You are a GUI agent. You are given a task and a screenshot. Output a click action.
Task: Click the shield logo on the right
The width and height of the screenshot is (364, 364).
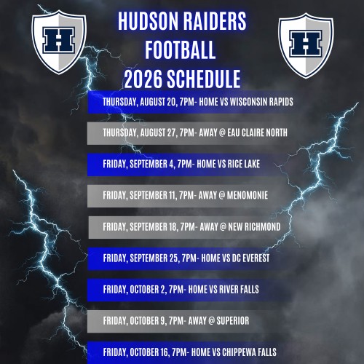pos(306,45)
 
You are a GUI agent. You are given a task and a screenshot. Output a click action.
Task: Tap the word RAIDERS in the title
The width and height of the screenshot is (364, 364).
pos(214,21)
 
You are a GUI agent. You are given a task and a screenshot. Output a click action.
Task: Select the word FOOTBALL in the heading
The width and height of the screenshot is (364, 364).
pos(181,50)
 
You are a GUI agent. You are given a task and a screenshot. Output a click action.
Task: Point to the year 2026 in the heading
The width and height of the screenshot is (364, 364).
pos(143,79)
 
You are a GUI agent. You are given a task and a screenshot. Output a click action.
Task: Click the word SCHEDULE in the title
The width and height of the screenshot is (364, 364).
pos(204,79)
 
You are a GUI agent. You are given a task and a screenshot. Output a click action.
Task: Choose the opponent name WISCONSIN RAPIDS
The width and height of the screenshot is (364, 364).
pos(261,102)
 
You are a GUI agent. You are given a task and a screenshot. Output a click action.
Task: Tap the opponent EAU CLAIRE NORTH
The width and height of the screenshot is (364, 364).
pos(257,132)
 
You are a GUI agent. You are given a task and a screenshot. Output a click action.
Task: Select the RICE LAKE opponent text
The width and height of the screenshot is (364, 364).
pos(244,164)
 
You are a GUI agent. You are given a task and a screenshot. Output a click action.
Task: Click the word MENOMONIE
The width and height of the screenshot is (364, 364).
pos(248,195)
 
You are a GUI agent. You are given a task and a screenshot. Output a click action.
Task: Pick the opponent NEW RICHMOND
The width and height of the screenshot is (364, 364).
pos(254,226)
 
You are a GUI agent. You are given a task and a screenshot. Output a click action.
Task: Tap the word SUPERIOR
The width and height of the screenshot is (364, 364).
pos(233,320)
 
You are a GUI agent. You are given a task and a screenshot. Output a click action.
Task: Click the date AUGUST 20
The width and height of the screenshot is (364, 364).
pos(159,102)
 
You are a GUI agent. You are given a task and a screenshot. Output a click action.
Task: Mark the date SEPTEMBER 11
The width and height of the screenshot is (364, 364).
pos(154,196)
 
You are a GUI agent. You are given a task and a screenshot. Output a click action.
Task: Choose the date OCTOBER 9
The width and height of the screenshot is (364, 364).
pos(149,321)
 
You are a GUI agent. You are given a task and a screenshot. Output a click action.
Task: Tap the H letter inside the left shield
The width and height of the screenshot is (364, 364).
pos(58,40)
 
